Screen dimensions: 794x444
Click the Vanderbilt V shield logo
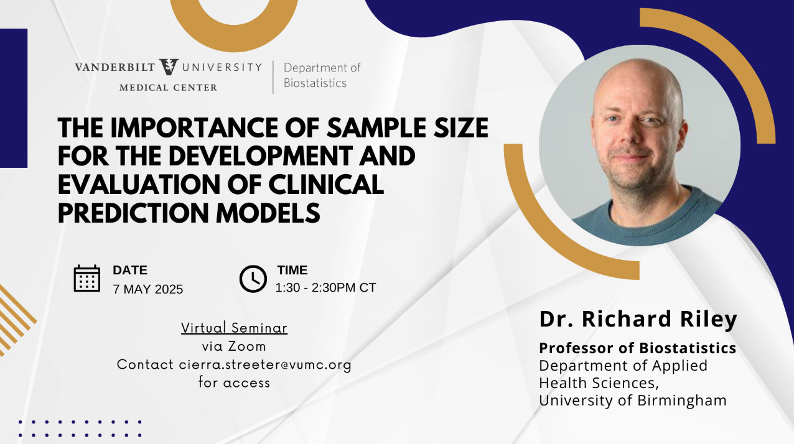click(x=169, y=67)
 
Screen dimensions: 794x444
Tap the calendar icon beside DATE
click(x=87, y=279)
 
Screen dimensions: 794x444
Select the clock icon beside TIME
click(x=253, y=279)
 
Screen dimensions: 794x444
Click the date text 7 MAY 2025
click(x=148, y=289)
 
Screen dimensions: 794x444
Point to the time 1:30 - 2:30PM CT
click(x=325, y=288)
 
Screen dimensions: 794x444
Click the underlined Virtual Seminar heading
click(x=234, y=328)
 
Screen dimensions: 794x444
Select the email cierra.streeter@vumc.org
click(x=265, y=364)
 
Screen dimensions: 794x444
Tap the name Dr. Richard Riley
click(x=638, y=319)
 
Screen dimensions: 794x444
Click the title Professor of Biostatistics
click(x=637, y=348)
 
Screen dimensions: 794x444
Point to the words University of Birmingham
click(x=633, y=400)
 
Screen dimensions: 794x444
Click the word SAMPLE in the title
click(x=375, y=128)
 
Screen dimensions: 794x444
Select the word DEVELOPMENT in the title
click(x=260, y=156)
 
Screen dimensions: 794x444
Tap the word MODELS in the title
click(x=268, y=213)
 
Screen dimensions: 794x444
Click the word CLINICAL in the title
click(x=326, y=185)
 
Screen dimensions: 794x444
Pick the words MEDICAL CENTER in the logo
click(x=168, y=88)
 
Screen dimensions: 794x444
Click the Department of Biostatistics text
click(x=322, y=75)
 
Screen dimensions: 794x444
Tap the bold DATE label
click(x=130, y=270)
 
